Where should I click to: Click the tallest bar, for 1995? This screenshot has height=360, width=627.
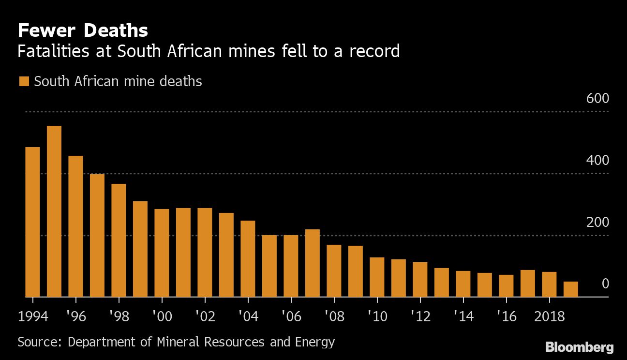click(54, 211)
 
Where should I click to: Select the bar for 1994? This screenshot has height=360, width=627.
click(32, 222)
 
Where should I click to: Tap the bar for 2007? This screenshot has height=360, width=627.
click(313, 263)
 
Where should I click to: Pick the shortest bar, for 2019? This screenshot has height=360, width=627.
click(571, 289)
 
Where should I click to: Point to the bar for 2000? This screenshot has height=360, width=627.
click(162, 253)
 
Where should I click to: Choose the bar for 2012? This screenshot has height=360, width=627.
click(420, 280)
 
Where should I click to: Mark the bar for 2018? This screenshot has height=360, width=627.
click(549, 285)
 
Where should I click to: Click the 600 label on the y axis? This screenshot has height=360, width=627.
click(597, 98)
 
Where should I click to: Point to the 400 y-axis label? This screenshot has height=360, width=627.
click(597, 160)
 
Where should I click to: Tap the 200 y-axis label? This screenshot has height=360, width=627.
click(597, 222)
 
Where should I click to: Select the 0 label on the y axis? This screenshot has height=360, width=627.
click(605, 284)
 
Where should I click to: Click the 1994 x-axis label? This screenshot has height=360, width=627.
click(33, 316)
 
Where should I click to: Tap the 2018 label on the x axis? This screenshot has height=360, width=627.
click(549, 316)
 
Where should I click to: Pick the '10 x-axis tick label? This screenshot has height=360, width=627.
click(377, 316)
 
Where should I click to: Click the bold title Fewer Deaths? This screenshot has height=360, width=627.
click(83, 30)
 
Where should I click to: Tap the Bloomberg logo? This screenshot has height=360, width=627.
click(579, 347)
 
